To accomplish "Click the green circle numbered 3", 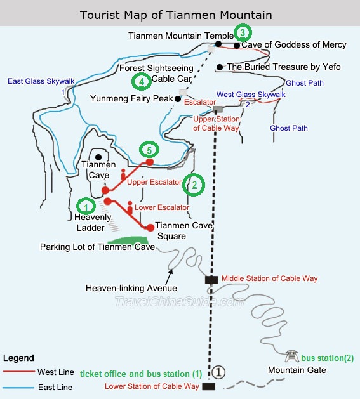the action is point(243,32).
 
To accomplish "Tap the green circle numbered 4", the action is point(142,81).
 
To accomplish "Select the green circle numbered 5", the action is point(149,150).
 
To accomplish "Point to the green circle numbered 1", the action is point(86,206).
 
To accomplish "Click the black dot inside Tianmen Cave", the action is point(98,157).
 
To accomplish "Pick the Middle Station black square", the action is point(211,280).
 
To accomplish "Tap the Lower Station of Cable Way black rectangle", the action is point(209,386).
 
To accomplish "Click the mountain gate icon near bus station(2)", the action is point(291,356).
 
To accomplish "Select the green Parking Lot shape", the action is point(128,240).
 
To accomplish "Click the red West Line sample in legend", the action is point(19,372).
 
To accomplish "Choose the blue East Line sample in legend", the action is point(18,388).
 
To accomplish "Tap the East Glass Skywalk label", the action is point(41,81).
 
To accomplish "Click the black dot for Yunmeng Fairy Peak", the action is point(178,99).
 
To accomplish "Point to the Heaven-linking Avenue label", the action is point(131,288).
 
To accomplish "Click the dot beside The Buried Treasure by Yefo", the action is point(220,67).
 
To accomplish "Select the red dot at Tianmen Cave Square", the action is point(150,228).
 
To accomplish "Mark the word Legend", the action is point(18,358).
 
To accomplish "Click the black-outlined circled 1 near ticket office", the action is point(218,372).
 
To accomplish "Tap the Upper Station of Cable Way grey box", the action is point(218,109).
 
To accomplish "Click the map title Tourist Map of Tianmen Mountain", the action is point(176,15).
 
